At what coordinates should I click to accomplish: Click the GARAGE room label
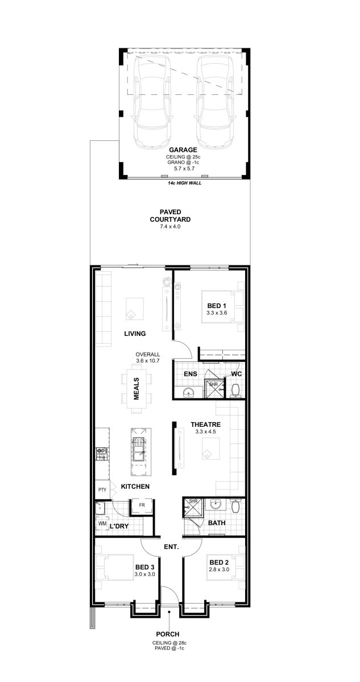click(x=183, y=149)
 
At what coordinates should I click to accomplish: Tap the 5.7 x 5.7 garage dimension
click(x=184, y=168)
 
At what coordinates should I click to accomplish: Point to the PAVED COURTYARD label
click(x=170, y=215)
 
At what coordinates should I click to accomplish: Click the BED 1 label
click(x=217, y=306)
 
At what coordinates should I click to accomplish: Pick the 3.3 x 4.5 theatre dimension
click(x=205, y=431)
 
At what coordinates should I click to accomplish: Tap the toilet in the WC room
click(x=235, y=390)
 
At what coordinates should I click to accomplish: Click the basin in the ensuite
click(x=189, y=392)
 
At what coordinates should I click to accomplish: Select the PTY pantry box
click(x=102, y=490)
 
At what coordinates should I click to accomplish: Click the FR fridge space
click(x=142, y=505)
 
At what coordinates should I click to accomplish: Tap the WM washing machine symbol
click(x=102, y=523)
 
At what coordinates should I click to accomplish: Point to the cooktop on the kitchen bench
click(x=101, y=454)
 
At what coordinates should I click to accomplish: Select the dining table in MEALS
click(x=136, y=388)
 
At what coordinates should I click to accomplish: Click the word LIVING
click(x=135, y=334)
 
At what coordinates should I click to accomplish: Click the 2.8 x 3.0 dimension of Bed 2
click(x=220, y=569)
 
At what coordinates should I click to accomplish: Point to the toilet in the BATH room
click(x=235, y=506)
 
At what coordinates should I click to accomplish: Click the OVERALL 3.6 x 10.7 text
click(x=148, y=357)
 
